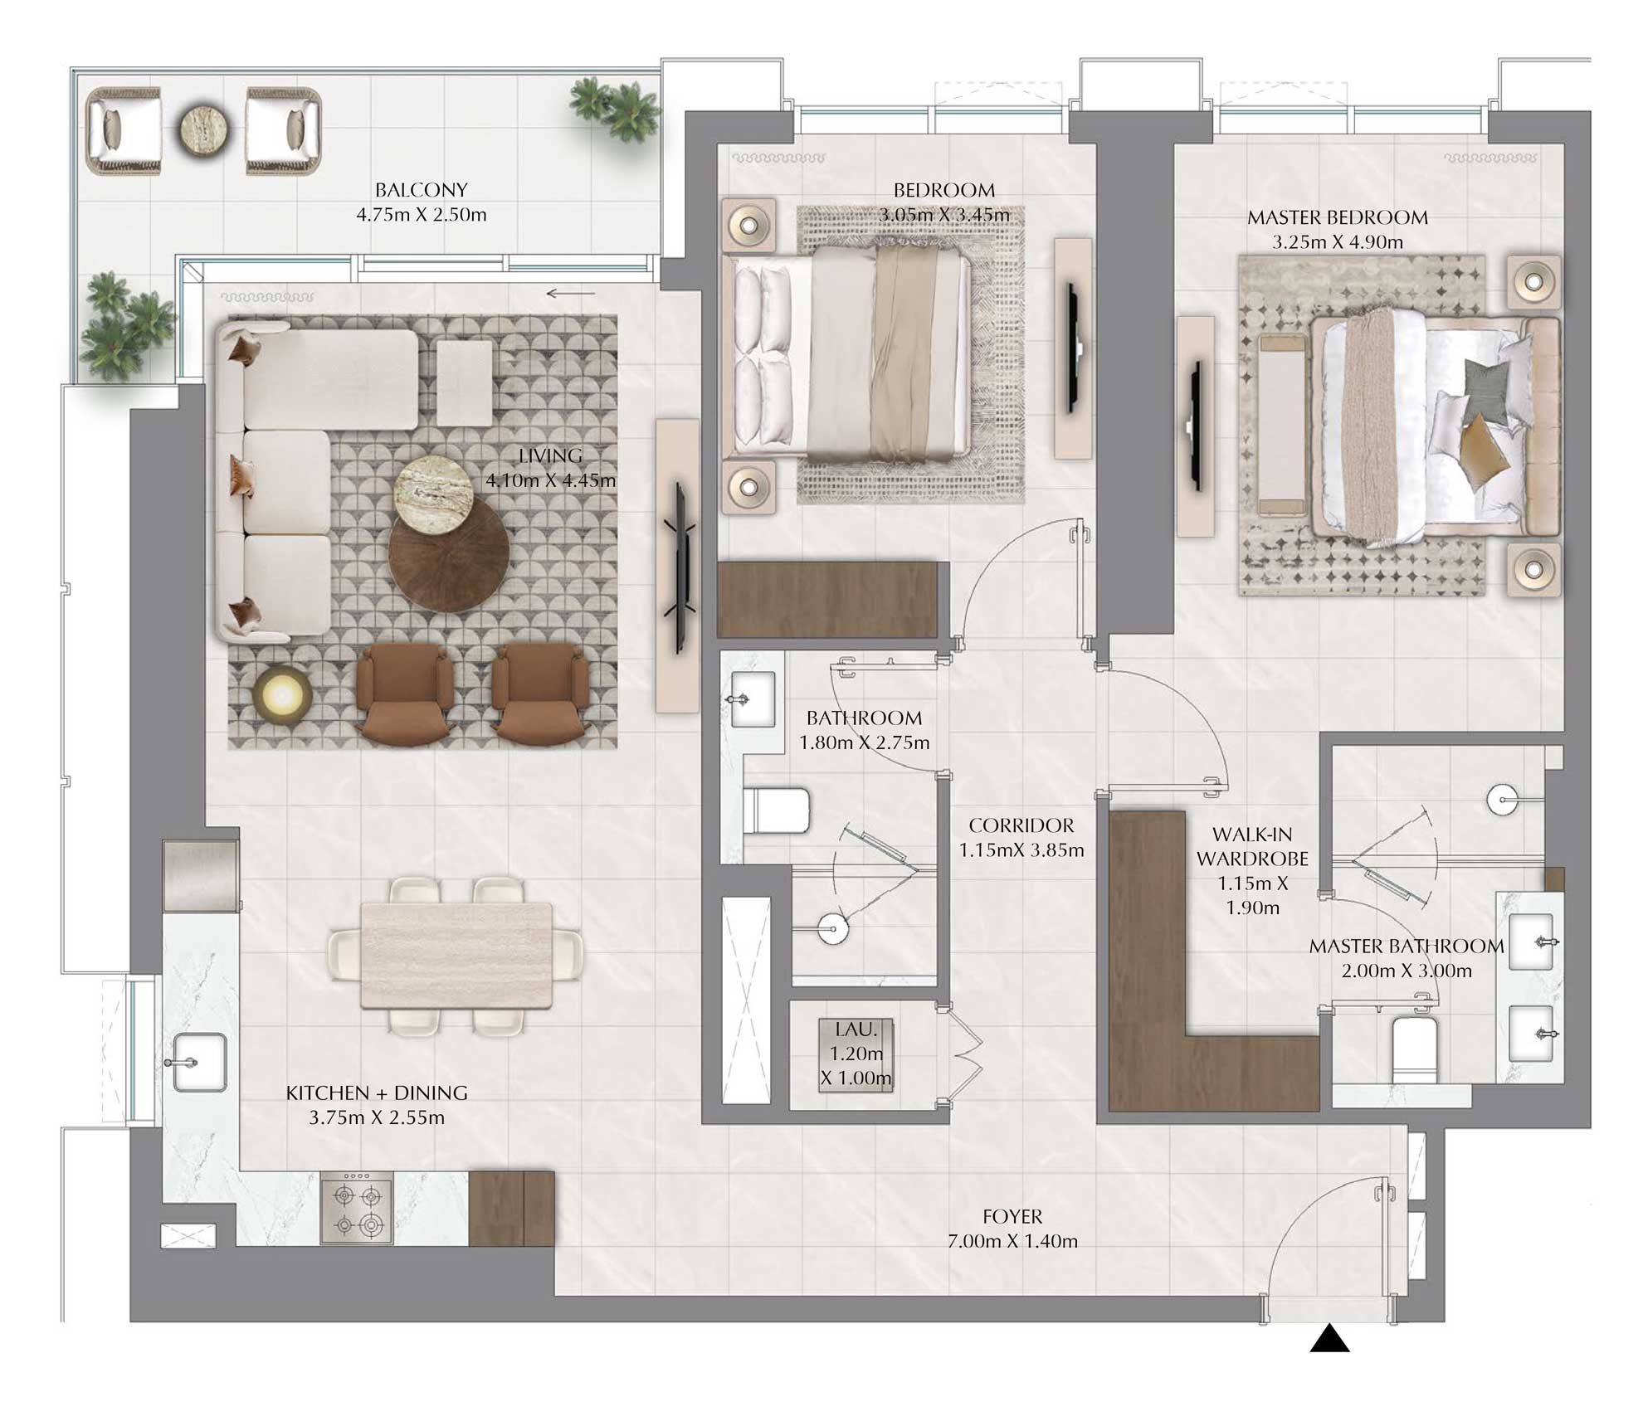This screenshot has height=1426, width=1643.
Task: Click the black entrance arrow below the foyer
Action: point(1329,1338)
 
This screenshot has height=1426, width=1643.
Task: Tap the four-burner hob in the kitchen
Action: point(357,1209)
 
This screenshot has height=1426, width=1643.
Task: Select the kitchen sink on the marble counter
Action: point(200,1062)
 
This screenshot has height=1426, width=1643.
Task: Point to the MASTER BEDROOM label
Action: point(1337,217)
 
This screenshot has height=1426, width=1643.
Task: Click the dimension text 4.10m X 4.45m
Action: point(550,480)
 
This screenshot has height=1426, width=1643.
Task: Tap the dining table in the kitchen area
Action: point(456,955)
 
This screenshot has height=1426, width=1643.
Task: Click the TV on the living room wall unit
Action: point(680,566)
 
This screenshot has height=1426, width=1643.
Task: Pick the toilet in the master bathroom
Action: point(1413,1049)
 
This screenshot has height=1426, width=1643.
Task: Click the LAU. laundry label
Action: point(856,1029)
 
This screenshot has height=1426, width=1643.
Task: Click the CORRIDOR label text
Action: point(1021,825)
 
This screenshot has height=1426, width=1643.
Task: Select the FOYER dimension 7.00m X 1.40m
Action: point(1012,1241)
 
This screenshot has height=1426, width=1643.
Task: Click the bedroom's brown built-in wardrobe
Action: point(832,600)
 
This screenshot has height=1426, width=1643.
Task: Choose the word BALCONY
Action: point(421,190)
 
